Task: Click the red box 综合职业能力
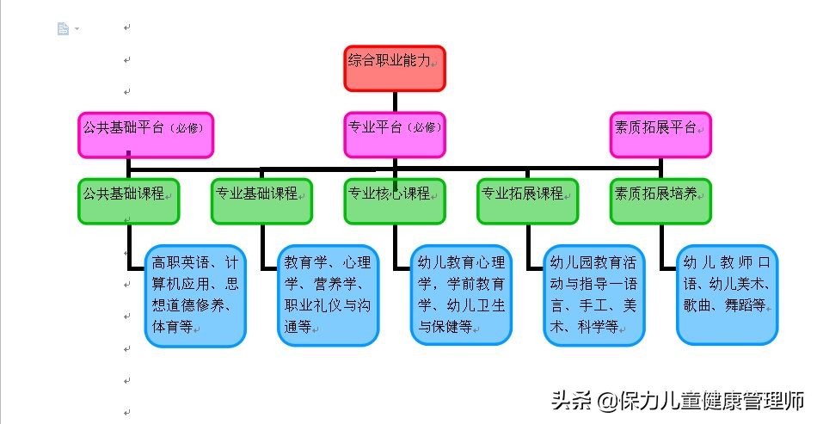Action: (x=395, y=68)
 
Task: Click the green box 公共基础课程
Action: (x=128, y=201)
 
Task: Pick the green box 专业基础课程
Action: (x=261, y=201)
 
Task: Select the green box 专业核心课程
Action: (x=395, y=201)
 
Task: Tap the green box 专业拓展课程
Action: (x=527, y=201)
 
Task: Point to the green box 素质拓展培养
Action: (x=660, y=201)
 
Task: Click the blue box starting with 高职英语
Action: (x=194, y=296)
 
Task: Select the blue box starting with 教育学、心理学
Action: (x=328, y=296)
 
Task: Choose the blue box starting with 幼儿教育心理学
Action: (x=461, y=296)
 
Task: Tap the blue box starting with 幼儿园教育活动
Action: (x=593, y=296)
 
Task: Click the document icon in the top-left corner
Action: (x=63, y=28)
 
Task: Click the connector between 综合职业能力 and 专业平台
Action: (x=395, y=101)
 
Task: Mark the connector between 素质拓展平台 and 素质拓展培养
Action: (x=660, y=168)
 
